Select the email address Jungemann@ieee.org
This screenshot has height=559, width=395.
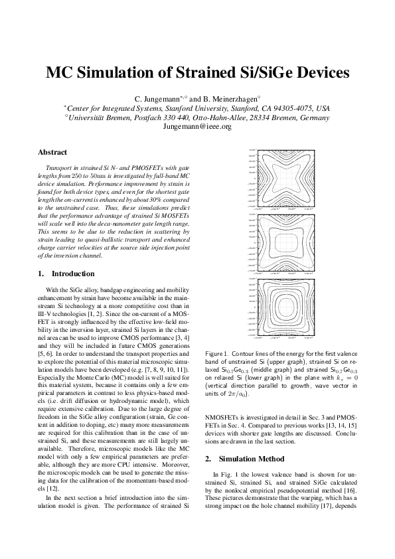click(x=197, y=126)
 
